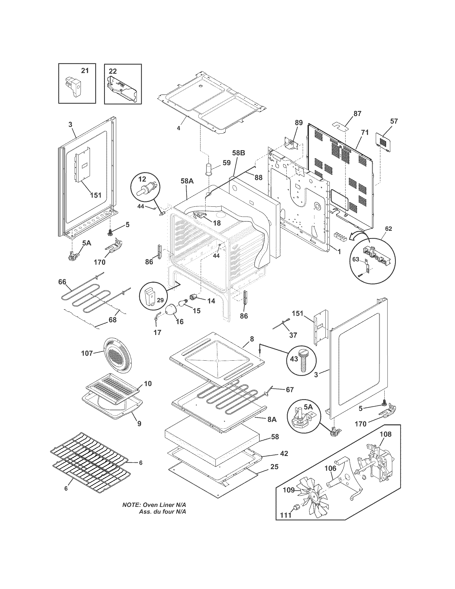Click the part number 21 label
click(85, 71)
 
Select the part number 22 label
click(113, 71)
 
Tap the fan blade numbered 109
click(312, 502)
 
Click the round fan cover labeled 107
click(116, 356)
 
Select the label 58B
click(238, 153)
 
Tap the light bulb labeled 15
click(183, 304)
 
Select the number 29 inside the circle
click(160, 300)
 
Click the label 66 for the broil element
click(62, 282)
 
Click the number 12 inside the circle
click(142, 179)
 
